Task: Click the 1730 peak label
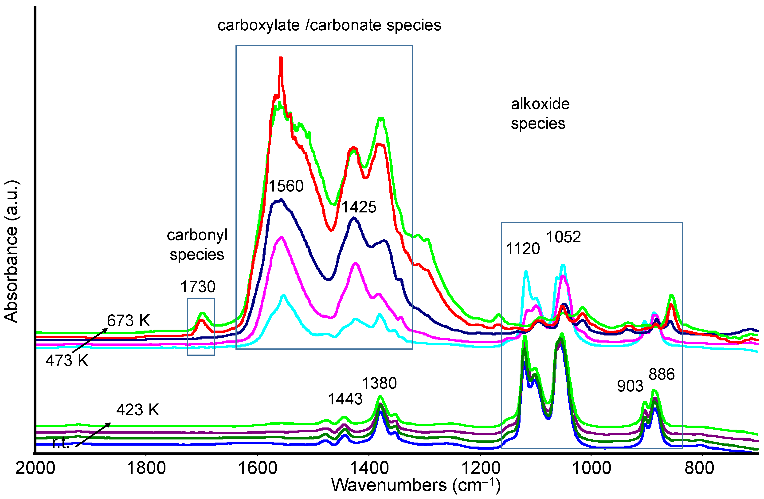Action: pos(198,287)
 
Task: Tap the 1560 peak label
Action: pos(286,186)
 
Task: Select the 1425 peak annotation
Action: pos(359,207)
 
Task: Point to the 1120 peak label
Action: pos(523,249)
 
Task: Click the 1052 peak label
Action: pos(563,237)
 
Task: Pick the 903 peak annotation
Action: pos(630,386)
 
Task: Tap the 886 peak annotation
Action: pos(662,374)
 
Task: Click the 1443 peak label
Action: pos(345,399)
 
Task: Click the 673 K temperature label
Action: pos(128,321)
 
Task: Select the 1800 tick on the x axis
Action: pos(146,468)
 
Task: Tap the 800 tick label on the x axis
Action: pos(699,468)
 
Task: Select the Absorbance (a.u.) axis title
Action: pos(11,251)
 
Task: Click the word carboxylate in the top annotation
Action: pos(259,25)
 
